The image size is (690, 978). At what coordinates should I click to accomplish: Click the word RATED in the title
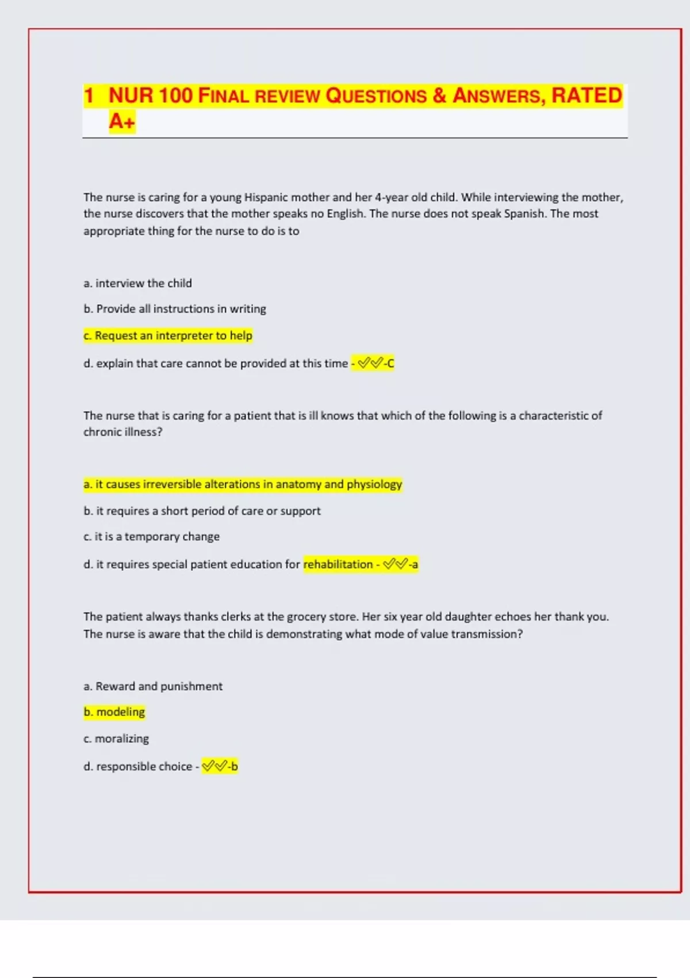(586, 95)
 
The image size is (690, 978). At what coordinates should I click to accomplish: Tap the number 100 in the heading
(175, 95)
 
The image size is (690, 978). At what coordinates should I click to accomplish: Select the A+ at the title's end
(122, 121)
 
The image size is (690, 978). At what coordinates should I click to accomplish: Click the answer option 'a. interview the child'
(138, 283)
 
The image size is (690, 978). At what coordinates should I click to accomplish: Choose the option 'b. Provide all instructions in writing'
(175, 309)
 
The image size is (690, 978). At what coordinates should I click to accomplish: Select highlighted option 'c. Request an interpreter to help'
(168, 335)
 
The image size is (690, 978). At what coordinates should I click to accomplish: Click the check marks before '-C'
(370, 363)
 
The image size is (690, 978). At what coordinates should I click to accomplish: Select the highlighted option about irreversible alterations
(243, 484)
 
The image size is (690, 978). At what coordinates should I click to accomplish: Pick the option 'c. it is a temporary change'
(151, 536)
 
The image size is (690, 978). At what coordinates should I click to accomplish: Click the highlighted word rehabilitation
(338, 564)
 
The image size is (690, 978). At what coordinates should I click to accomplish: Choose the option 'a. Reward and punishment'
(153, 686)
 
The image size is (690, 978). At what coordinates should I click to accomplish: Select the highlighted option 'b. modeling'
(114, 712)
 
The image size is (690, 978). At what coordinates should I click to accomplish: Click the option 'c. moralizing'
(116, 739)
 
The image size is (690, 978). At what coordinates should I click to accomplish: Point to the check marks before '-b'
(214, 766)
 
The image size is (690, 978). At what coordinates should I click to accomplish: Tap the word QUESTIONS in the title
(376, 95)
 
